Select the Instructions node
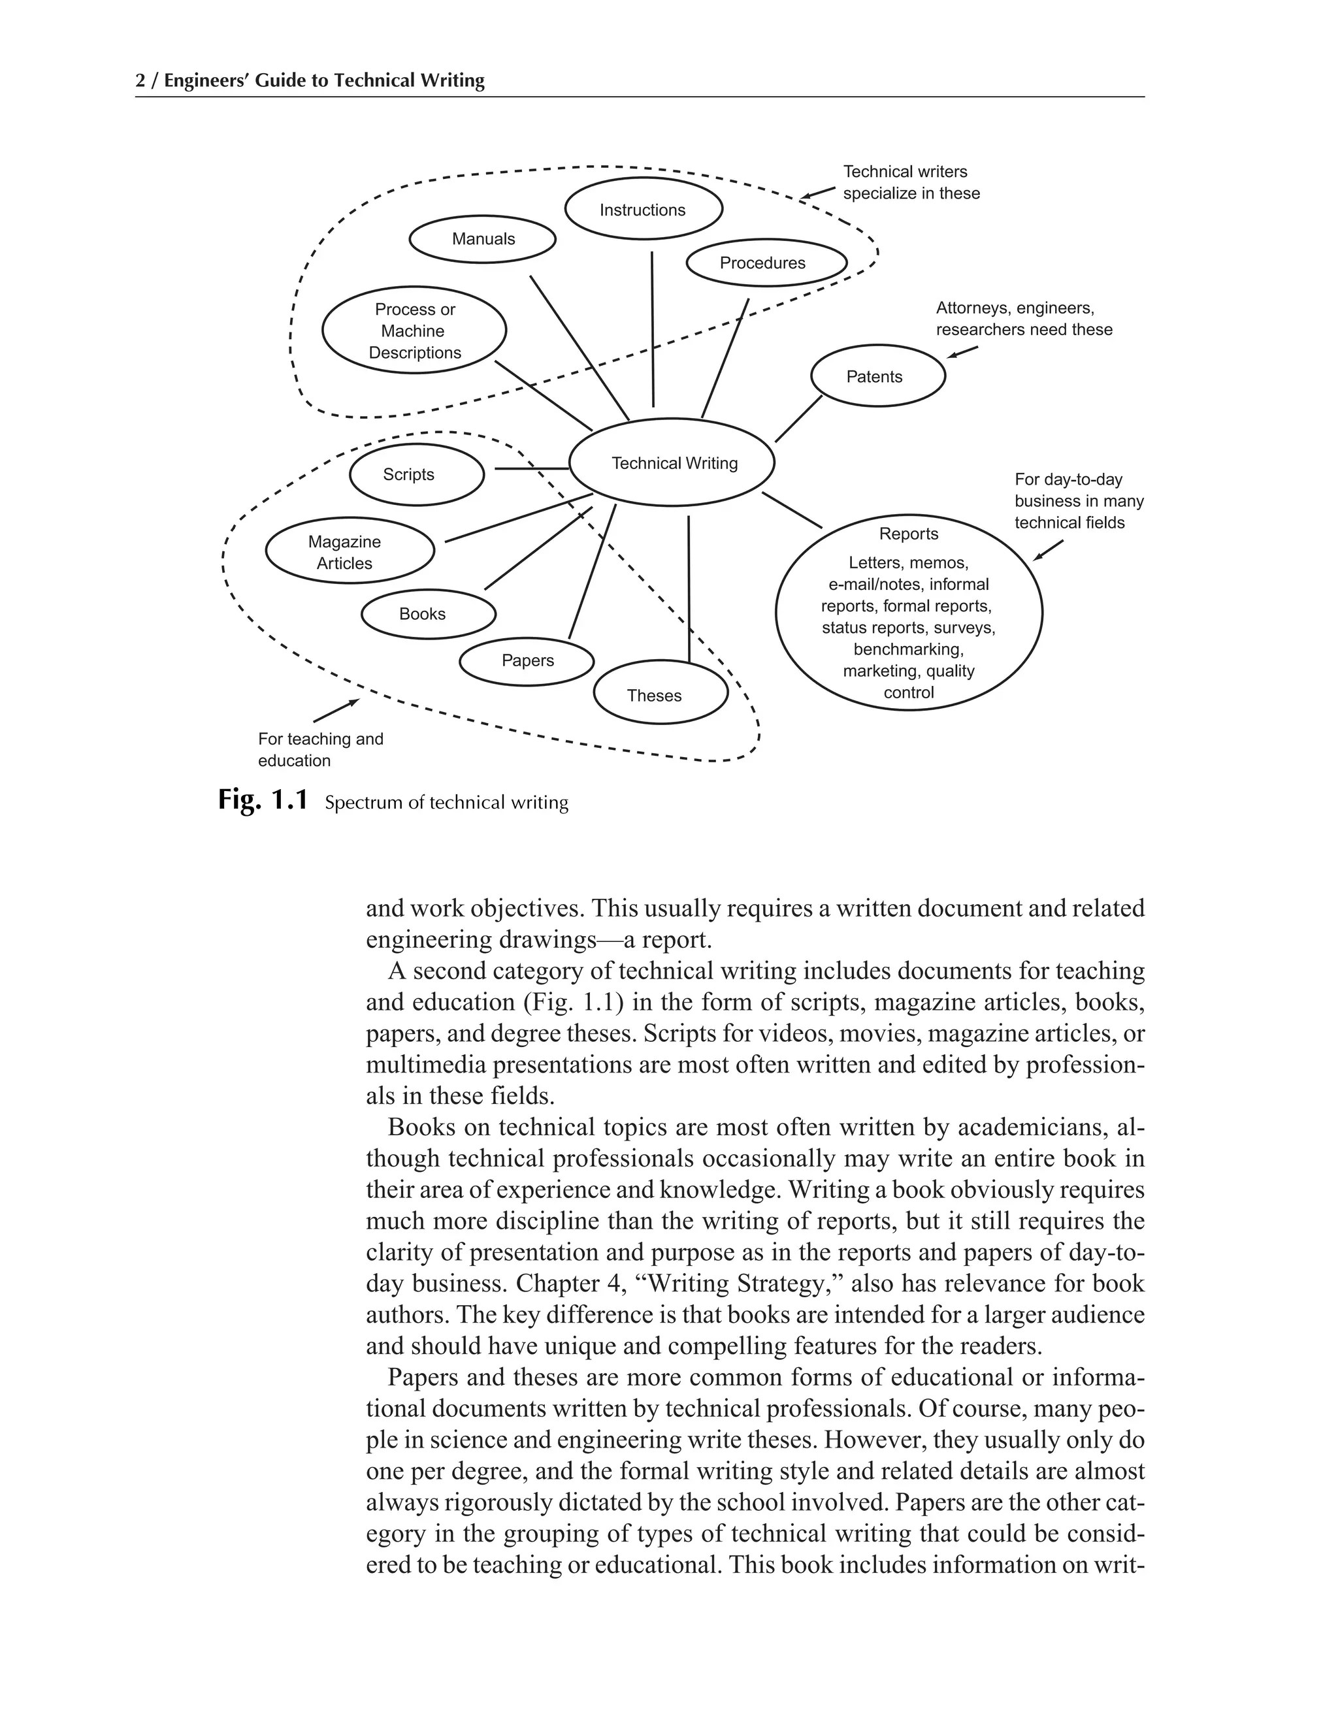click(643, 209)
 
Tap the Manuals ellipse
click(483, 238)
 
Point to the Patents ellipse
click(877, 376)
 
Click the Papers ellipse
click(527, 661)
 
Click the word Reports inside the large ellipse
click(908, 534)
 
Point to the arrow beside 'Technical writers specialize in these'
click(818, 193)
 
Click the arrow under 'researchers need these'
click(962, 352)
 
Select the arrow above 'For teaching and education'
click(337, 710)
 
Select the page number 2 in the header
click(140, 81)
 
